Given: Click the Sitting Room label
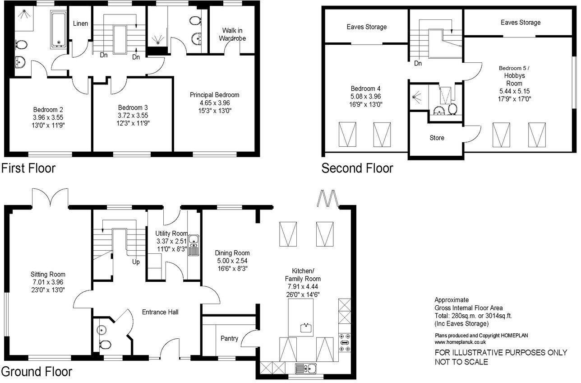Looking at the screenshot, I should coord(48,274).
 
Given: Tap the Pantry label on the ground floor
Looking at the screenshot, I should coord(229,338).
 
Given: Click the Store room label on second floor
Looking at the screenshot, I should coord(436,137).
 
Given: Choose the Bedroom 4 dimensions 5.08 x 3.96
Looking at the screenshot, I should coord(366,96).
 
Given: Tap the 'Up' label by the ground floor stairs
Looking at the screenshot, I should coord(136,262).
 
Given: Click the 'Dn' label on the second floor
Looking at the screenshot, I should coord(418,63).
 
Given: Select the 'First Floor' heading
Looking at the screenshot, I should coord(28,168).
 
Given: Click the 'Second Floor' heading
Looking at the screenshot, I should coord(357,168).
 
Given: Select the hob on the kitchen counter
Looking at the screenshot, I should coord(345,342).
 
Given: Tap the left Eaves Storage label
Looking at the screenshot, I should coord(366,27).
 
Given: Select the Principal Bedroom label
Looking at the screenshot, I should coord(214,95).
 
